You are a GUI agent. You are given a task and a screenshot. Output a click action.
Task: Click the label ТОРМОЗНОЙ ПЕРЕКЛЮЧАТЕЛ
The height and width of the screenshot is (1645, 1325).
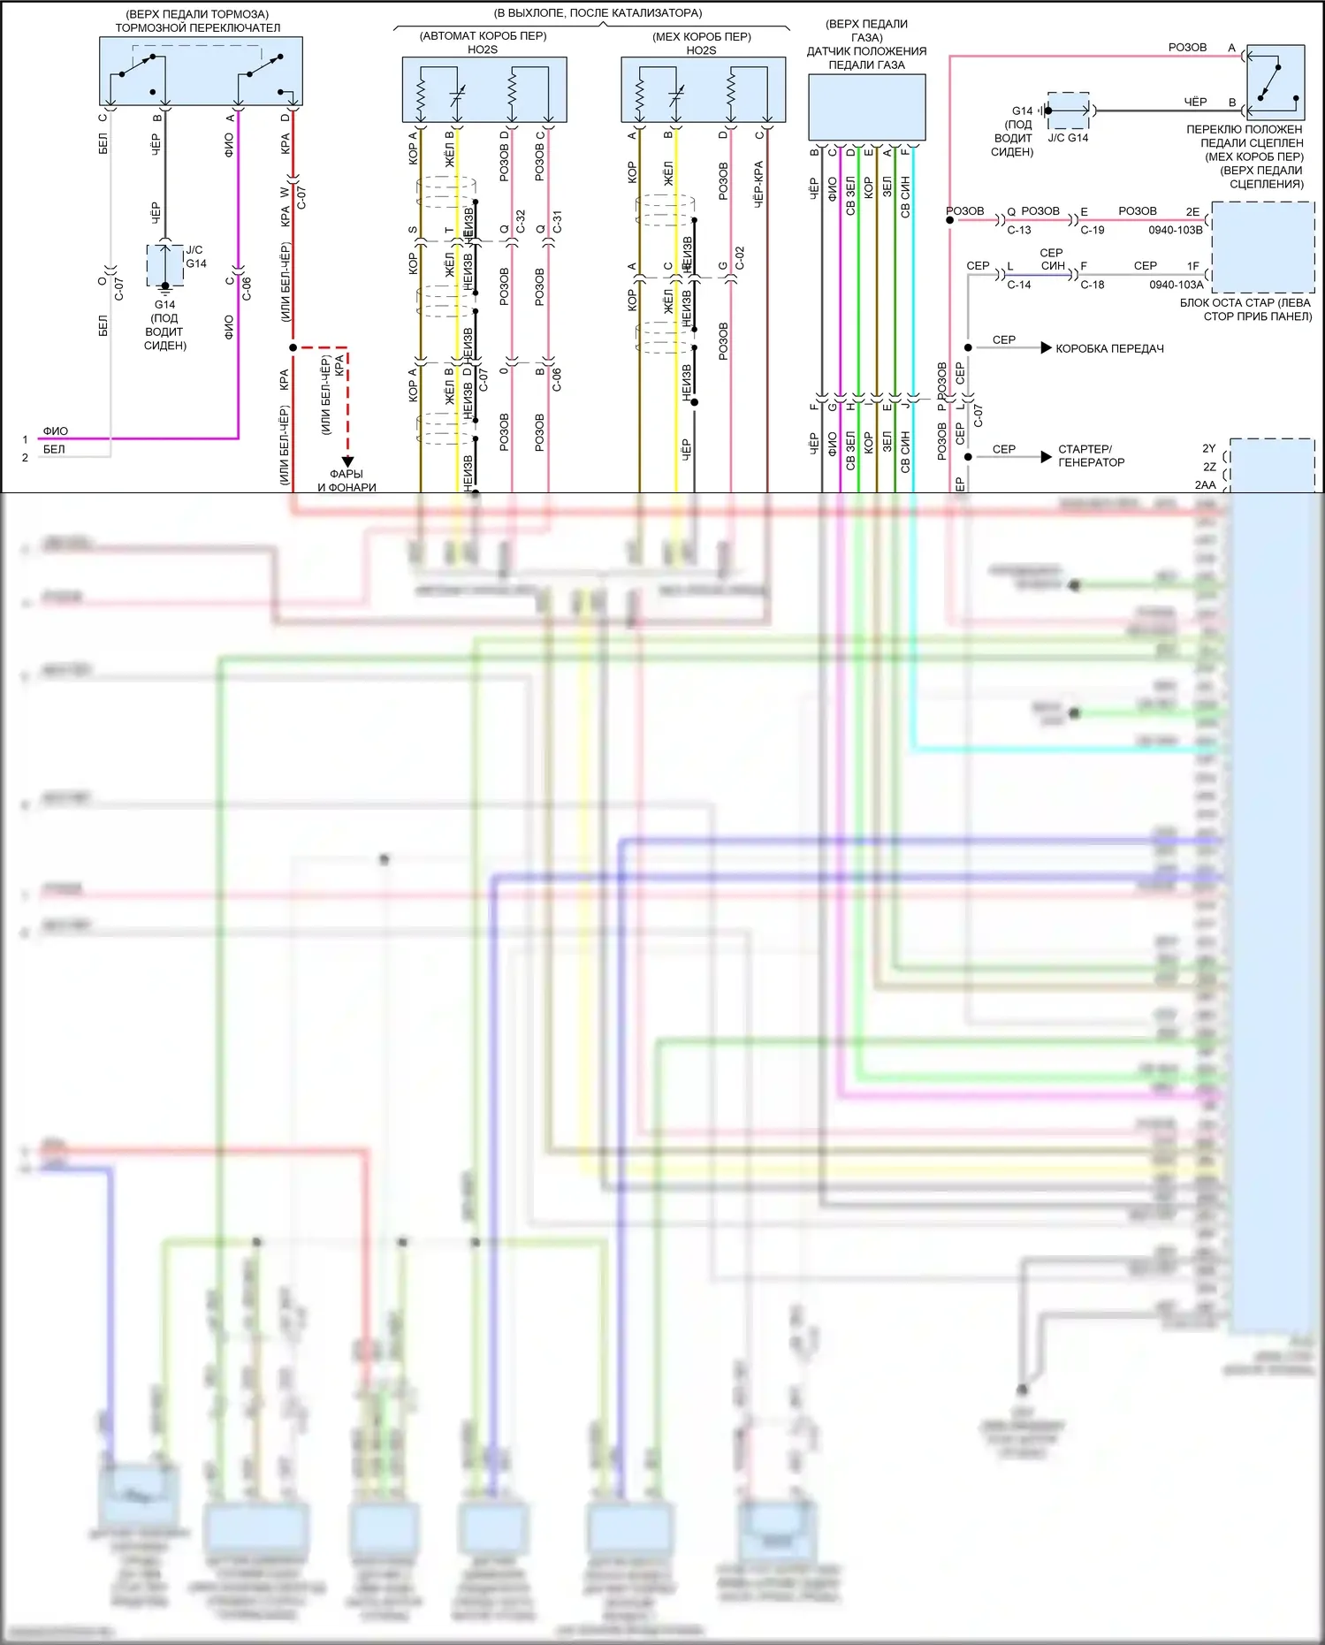[198, 28]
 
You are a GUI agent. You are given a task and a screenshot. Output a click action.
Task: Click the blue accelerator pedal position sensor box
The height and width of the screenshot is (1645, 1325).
[866, 107]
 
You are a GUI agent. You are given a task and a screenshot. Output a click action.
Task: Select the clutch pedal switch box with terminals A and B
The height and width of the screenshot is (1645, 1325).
[1275, 82]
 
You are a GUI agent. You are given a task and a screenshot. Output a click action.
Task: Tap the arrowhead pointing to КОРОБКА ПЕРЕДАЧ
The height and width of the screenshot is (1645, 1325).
[1047, 348]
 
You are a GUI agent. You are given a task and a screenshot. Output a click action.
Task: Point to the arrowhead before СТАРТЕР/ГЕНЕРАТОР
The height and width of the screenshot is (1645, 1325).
[1047, 456]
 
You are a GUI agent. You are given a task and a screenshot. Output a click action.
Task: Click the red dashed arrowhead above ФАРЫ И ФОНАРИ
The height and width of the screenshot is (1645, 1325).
[347, 461]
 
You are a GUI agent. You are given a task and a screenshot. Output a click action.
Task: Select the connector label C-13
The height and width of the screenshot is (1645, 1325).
[1019, 230]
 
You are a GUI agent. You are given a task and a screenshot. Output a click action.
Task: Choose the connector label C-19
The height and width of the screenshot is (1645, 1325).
[1093, 230]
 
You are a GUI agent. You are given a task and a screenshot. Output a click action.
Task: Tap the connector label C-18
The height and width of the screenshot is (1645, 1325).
[1093, 285]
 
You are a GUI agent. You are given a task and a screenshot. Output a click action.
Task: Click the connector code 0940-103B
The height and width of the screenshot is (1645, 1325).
[1176, 230]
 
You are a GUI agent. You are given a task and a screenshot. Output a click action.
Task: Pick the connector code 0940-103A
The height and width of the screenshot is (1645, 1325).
[1177, 285]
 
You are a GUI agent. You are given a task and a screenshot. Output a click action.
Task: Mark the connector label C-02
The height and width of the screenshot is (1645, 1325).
[740, 258]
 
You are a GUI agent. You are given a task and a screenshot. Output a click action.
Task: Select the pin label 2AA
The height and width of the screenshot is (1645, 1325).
[1205, 485]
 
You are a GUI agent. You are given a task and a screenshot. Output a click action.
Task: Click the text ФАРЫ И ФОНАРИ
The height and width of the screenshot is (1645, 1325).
[346, 481]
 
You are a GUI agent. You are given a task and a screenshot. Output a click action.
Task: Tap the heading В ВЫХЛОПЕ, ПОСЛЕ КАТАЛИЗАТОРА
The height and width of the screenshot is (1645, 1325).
[598, 13]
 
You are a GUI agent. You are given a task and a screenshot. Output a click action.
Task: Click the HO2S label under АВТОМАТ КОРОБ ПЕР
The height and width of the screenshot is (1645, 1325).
[483, 50]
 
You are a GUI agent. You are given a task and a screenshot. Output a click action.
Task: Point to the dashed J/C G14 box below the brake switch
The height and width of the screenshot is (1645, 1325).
[165, 264]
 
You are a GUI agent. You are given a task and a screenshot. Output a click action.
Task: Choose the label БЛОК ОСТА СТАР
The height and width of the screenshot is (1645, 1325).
[1245, 303]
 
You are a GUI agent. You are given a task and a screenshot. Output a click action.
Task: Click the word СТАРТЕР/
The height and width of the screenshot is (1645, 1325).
[1085, 449]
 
